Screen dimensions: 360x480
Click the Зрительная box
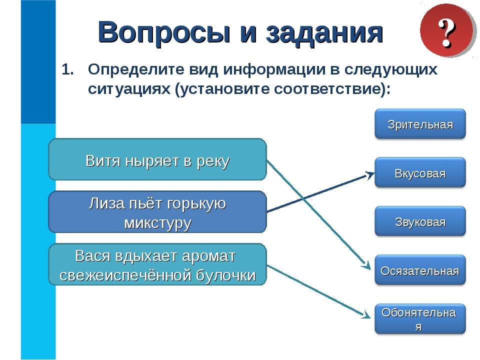tap(420, 124)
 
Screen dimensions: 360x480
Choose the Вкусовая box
tap(420, 173)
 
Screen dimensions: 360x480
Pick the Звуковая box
tap(420, 221)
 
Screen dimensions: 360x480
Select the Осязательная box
tap(420, 270)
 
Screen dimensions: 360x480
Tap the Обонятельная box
tap(420, 319)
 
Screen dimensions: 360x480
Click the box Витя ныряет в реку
tap(157, 160)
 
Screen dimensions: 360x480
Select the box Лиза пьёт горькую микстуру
tap(157, 212)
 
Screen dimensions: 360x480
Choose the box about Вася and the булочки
tap(157, 264)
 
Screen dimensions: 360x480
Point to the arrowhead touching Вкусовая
tap(370, 174)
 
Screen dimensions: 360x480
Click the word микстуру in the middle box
tap(157, 222)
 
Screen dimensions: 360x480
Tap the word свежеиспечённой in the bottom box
tap(125, 275)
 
